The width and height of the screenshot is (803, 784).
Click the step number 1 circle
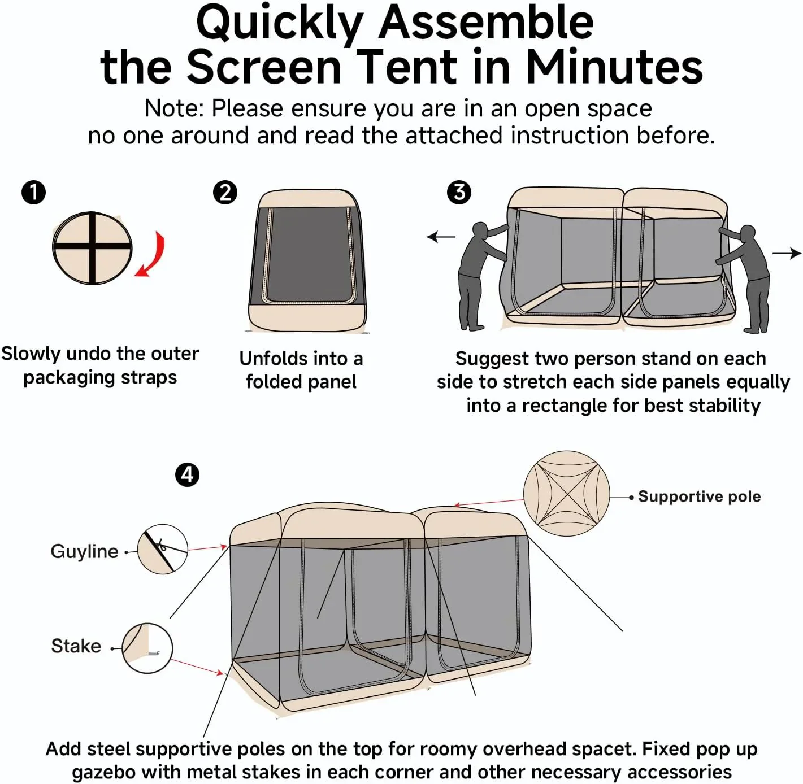coord(33,192)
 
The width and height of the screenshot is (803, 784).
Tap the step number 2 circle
coord(225,192)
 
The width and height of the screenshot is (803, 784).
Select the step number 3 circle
coord(459,192)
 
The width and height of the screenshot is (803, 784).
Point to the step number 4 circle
coord(187,474)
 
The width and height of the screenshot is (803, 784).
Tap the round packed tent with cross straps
coord(92,249)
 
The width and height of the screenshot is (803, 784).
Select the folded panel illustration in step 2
coord(307,261)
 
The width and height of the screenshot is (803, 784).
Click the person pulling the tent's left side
coord(476,277)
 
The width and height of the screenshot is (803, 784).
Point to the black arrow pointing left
coord(441,237)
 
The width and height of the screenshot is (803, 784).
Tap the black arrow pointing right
coord(787,254)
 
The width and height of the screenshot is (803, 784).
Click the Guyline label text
coord(84,551)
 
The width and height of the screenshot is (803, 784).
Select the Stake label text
coord(76,646)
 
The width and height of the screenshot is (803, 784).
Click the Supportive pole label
coord(699,496)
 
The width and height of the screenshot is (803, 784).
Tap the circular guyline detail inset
coord(163,550)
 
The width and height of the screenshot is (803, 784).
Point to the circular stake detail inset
coord(147,648)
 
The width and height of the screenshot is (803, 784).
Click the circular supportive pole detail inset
coord(566,493)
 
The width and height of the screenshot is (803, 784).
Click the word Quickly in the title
coord(280,23)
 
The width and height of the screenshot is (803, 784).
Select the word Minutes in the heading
coord(614,67)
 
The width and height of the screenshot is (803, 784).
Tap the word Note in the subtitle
coord(173,108)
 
